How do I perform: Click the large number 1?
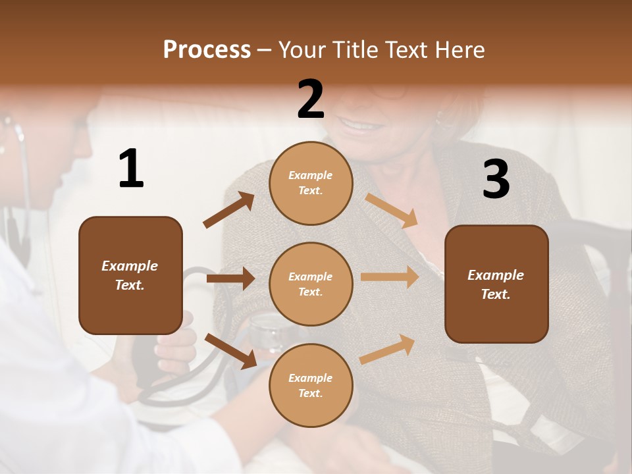click(131, 169)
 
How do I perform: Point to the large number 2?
click(311, 99)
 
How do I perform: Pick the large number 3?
click(496, 179)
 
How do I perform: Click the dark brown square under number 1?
click(130, 275)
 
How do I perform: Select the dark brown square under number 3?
click(496, 284)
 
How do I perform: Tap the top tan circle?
click(311, 182)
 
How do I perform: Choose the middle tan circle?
click(311, 284)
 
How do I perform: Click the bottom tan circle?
click(311, 385)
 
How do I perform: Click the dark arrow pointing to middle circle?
click(230, 279)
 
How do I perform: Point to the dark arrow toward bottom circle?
click(231, 350)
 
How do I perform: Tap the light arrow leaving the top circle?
click(391, 210)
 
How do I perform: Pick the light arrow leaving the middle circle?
click(390, 277)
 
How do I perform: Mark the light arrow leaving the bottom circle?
click(388, 350)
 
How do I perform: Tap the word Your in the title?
click(301, 50)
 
